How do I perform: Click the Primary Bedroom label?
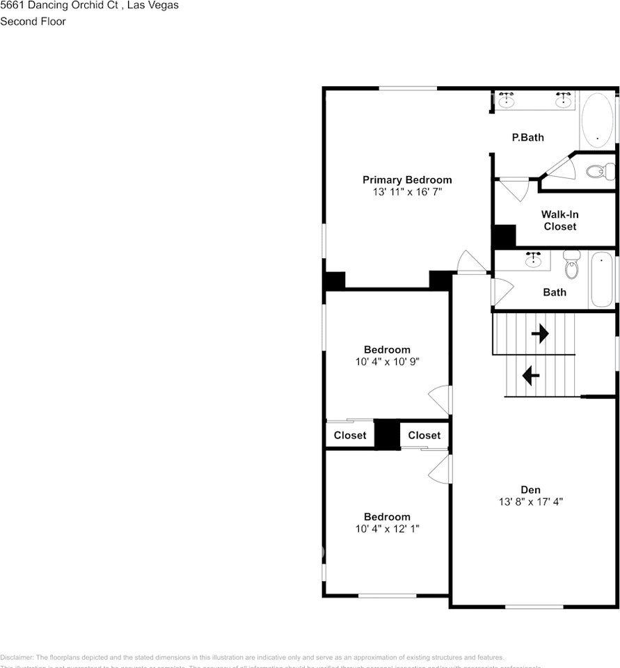[x=407, y=180]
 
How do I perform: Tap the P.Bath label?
[x=528, y=137]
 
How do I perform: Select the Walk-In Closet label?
[x=560, y=221]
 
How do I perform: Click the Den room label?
[x=530, y=490]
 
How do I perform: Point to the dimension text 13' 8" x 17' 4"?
[x=530, y=502]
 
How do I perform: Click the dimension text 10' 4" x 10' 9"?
[x=387, y=362]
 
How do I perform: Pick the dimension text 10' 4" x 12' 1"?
[x=387, y=529]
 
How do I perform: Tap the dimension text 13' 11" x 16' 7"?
[x=407, y=191]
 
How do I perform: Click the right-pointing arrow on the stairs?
[x=540, y=334]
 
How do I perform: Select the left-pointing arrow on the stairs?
[x=530, y=376]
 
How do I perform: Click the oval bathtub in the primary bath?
[x=598, y=120]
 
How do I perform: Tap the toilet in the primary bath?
[x=599, y=170]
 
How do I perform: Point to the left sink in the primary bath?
[x=507, y=101]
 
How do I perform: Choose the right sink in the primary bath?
[x=563, y=101]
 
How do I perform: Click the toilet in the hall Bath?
[x=571, y=264]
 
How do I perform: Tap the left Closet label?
[x=350, y=436]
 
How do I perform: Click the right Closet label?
[x=424, y=436]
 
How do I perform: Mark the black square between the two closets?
[x=387, y=434]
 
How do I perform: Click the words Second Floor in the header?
[x=33, y=22]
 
